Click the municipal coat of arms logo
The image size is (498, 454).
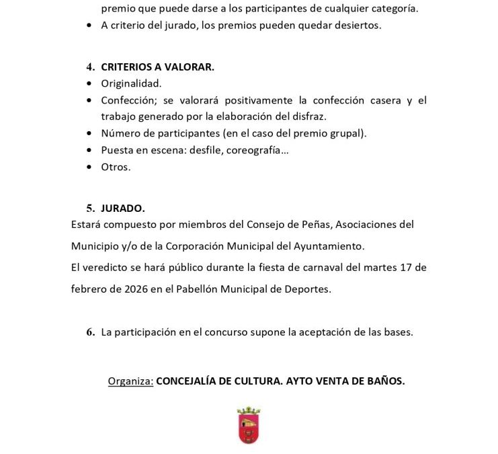249,425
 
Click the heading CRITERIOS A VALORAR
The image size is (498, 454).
157,67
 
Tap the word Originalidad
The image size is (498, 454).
131,83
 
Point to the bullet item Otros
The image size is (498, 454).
116,167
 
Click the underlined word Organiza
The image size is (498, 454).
130,381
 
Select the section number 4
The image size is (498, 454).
90,67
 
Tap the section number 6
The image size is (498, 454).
90,332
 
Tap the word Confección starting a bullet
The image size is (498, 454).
128,100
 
